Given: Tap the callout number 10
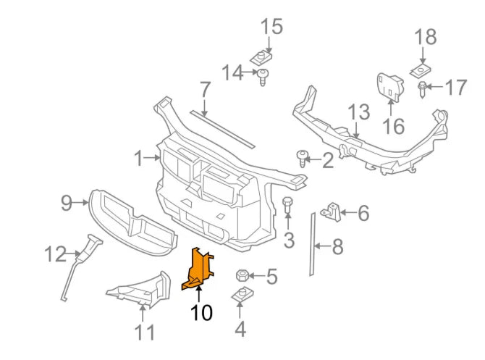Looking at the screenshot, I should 202,314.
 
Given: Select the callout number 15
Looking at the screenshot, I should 271,27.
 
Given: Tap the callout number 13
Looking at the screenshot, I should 359,112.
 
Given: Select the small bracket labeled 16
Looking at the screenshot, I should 391,85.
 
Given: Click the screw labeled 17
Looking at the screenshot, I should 422,89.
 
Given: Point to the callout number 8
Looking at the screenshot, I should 337,247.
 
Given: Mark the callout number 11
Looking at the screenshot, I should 145,332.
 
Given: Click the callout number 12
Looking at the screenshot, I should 54,254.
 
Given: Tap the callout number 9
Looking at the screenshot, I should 66,203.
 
